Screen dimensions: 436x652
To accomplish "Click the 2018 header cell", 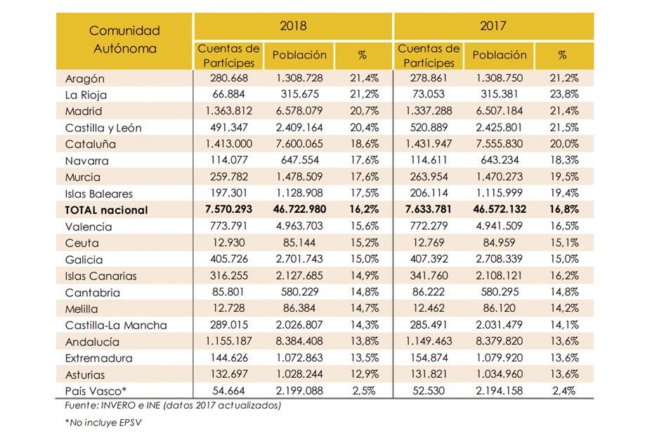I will click(293, 27).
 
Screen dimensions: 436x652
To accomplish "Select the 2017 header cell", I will click(493, 27).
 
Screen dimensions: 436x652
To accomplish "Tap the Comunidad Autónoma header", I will click(124, 39).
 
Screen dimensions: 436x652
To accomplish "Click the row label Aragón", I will click(84, 79).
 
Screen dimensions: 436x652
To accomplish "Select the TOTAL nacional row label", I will click(106, 210).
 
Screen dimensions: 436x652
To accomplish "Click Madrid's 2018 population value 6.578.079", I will click(299, 111).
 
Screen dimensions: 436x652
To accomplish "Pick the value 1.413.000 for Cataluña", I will click(229, 144).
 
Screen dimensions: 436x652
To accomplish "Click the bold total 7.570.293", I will click(229, 210).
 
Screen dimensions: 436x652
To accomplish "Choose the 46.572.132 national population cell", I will click(500, 210).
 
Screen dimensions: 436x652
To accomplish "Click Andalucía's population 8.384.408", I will click(299, 342).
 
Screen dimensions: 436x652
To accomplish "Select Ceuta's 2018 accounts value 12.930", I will click(229, 243).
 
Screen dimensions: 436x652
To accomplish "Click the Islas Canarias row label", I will click(100, 276).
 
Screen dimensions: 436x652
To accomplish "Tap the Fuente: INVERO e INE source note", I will click(168, 405).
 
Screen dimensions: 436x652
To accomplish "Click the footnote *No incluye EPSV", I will click(100, 423).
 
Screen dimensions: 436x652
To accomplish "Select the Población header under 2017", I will click(500, 55).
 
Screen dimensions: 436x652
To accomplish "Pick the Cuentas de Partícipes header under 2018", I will click(229, 55).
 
